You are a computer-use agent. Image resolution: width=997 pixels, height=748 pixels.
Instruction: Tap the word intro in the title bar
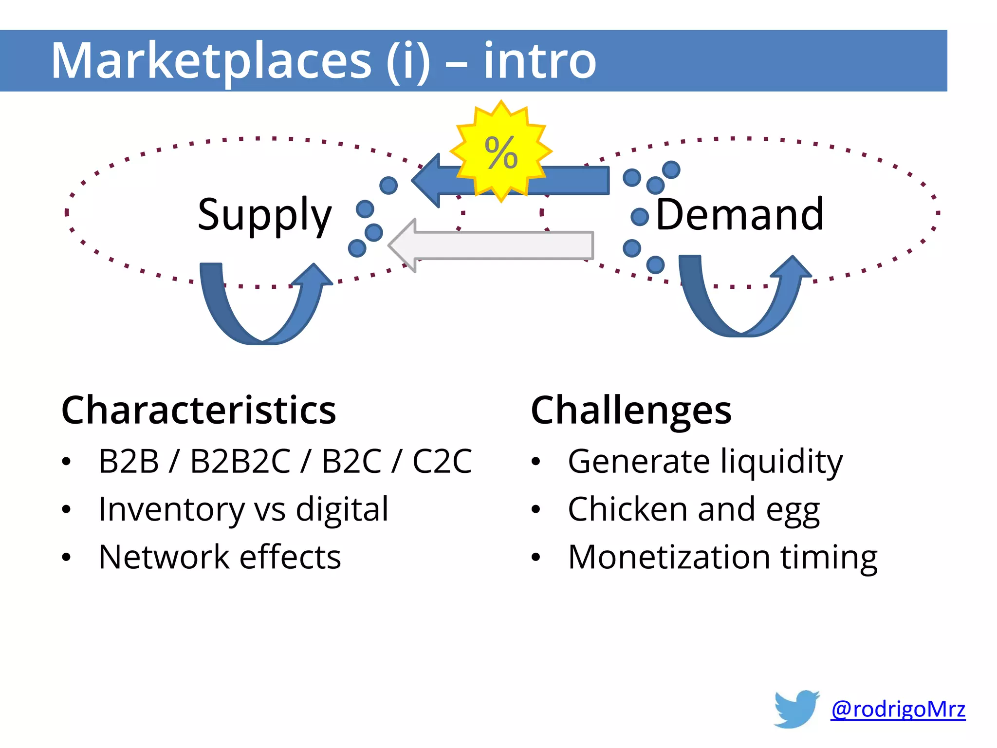[539, 61]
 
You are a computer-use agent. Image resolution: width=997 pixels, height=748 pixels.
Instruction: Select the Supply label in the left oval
[264, 215]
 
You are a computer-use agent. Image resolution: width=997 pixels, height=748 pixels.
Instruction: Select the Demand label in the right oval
[739, 215]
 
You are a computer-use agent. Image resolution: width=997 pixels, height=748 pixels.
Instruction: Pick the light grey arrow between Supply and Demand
[492, 245]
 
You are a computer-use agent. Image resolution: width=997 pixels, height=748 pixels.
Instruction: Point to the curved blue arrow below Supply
[263, 312]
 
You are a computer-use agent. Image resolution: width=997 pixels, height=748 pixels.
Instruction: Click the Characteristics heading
[199, 411]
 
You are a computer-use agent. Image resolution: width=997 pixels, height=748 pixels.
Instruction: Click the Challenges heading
[631, 411]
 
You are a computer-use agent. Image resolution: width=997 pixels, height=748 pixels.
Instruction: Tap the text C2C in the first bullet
[442, 461]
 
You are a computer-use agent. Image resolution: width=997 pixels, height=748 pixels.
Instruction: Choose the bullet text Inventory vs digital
[243, 509]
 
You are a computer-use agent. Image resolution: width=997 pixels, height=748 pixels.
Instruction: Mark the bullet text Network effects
[220, 557]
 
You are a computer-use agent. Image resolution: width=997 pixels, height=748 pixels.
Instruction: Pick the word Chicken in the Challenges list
[628, 509]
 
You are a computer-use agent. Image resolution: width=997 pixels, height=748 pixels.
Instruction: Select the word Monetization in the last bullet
[669, 557]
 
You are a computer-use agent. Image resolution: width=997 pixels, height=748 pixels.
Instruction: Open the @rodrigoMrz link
[898, 709]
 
